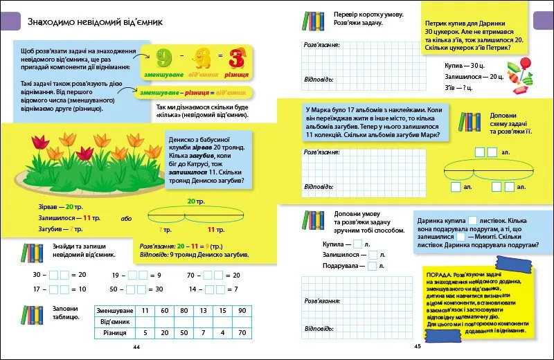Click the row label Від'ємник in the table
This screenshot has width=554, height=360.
(x=115, y=321)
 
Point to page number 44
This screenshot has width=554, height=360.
(x=136, y=346)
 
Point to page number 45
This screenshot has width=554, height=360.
(x=418, y=346)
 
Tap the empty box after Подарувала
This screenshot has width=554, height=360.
(x=372, y=266)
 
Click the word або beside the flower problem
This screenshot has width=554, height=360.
(x=125, y=218)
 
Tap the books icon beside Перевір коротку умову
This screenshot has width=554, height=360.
(x=314, y=21)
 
